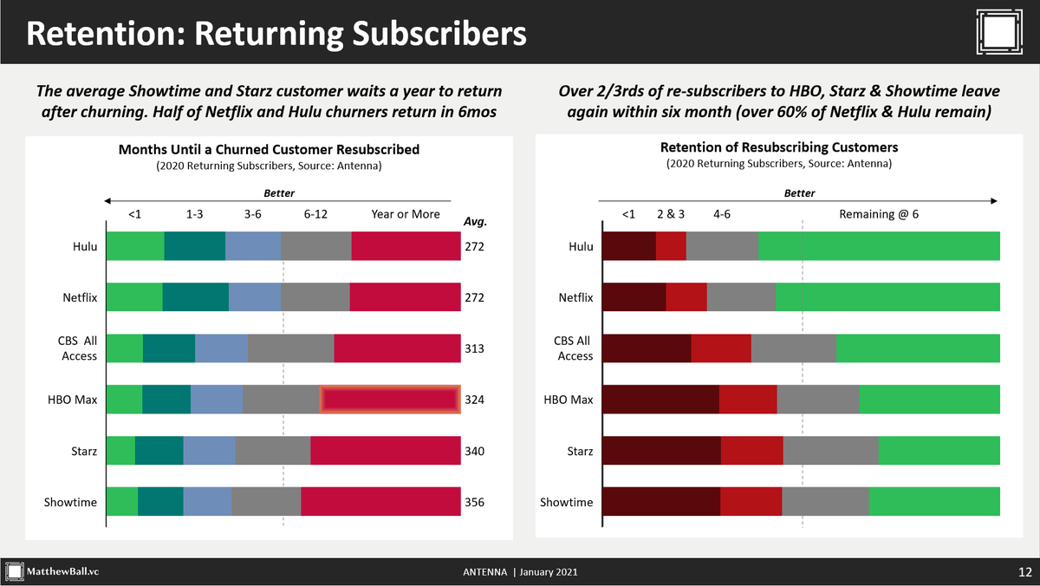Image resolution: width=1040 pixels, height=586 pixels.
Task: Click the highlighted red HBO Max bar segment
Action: click(x=389, y=400)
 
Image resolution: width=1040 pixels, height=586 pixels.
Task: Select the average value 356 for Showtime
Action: click(x=473, y=502)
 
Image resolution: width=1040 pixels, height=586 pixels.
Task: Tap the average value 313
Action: click(x=473, y=348)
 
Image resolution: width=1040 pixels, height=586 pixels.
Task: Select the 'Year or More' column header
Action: click(x=405, y=214)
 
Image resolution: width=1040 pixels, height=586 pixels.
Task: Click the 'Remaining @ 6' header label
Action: click(x=879, y=214)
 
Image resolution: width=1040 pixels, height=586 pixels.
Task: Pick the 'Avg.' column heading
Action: click(x=475, y=222)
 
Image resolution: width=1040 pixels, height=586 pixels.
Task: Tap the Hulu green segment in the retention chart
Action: click(x=879, y=246)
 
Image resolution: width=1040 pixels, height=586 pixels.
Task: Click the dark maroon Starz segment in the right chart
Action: click(x=660, y=451)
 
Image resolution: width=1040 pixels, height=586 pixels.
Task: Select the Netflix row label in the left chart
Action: click(x=80, y=297)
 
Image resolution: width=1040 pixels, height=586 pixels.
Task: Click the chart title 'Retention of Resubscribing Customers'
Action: click(x=779, y=147)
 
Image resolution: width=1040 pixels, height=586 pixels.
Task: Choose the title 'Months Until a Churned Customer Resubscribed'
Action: click(x=269, y=149)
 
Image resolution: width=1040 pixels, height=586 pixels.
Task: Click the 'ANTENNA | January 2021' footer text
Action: click(x=520, y=572)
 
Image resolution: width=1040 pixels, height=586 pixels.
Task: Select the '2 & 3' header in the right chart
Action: click(x=671, y=214)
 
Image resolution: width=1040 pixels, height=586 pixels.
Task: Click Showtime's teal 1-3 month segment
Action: click(x=160, y=502)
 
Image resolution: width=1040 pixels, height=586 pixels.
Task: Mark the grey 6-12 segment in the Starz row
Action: click(x=272, y=451)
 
